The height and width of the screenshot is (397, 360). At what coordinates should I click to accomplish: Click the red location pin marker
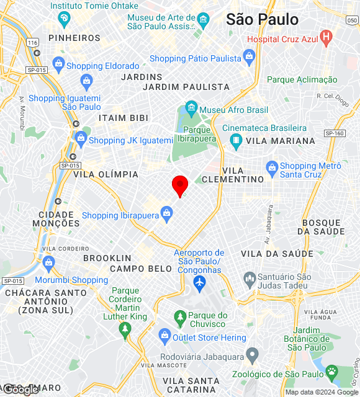click(179, 185)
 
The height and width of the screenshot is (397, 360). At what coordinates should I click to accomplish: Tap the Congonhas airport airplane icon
click(200, 283)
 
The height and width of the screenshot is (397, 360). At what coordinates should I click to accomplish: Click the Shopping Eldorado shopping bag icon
click(58, 63)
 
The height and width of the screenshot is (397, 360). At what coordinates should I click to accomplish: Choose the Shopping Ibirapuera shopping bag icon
click(166, 215)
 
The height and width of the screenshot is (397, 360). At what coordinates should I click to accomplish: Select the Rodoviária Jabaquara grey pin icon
click(251, 355)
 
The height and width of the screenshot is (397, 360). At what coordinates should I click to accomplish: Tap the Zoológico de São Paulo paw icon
click(333, 373)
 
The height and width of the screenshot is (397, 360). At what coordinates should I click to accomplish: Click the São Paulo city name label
click(262, 19)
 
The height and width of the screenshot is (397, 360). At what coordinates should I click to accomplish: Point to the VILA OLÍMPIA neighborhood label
click(106, 174)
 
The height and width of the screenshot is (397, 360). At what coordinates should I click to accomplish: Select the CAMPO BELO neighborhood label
click(141, 269)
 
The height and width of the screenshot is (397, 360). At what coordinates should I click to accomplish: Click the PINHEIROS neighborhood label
click(74, 38)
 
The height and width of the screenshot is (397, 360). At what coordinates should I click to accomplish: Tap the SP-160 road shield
click(334, 133)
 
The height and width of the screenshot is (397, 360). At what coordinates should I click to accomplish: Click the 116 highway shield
click(33, 42)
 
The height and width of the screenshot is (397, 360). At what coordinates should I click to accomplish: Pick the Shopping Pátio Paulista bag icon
click(249, 58)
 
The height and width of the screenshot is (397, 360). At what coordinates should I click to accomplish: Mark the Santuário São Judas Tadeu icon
click(250, 277)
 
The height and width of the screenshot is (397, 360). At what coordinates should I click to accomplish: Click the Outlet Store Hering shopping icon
click(164, 337)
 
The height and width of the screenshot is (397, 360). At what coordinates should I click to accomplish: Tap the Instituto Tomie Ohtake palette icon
click(63, 19)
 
